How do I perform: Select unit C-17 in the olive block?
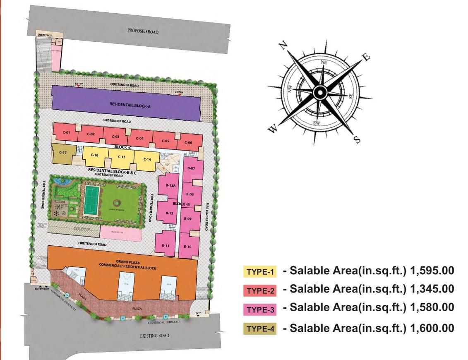tap(63, 154)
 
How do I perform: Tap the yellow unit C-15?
tap(121, 157)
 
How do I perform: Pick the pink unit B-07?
tap(191, 168)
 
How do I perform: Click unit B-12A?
tap(171, 186)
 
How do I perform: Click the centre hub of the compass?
tap(320, 93)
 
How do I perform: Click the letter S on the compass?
tap(357, 140)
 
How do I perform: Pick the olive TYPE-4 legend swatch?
tap(260, 329)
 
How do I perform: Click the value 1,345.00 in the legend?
tap(432, 289)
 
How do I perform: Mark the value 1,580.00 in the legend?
tap(432, 308)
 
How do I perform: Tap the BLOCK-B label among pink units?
tap(181, 204)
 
